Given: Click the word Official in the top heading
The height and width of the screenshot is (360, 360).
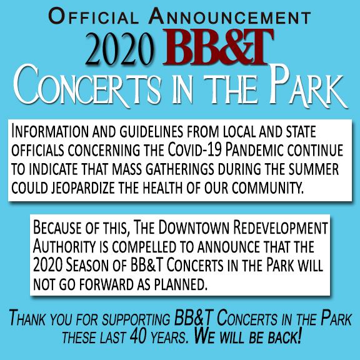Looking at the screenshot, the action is pos(94,16).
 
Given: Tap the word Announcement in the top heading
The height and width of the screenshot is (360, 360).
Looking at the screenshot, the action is pos(230,16).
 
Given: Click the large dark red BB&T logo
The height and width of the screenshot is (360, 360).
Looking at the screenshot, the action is pos(218,47).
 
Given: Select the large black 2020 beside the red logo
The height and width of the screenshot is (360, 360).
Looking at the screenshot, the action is pos(120,49).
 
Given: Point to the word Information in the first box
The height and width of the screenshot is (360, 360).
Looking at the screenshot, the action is pos(50,131).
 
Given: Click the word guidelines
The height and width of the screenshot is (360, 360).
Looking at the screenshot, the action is pos(151,132).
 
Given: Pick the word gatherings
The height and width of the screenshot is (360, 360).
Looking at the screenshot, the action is pos(180,169).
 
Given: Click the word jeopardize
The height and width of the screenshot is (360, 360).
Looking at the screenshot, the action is pos(82,188).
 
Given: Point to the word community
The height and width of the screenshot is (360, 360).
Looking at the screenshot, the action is pos(267,187).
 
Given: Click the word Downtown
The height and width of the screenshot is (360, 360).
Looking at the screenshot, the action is pos(194,227).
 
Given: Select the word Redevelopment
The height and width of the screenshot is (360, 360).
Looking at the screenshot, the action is pos(281,227).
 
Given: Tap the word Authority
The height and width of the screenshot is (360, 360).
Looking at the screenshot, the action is pos(64,247).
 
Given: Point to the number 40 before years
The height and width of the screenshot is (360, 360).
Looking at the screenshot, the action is pos(138,337).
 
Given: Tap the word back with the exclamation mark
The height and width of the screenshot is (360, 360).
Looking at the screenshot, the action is pos(284,337).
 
